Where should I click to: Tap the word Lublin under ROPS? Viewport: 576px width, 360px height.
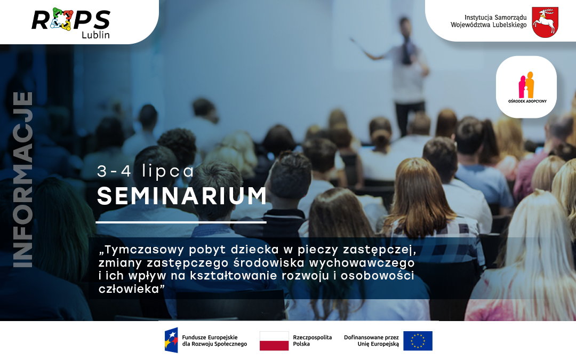click(x=95, y=35)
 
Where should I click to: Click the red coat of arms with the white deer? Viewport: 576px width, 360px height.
click(x=545, y=22)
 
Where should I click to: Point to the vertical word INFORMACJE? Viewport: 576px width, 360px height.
click(x=22, y=179)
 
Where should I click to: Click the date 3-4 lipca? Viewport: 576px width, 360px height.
click(x=146, y=171)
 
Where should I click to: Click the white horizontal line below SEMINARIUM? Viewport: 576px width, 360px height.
click(x=181, y=222)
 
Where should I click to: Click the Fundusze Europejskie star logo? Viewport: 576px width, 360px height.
click(x=171, y=340)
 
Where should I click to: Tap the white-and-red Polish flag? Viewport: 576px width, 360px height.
click(x=274, y=341)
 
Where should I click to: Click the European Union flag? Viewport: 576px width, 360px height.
click(x=418, y=341)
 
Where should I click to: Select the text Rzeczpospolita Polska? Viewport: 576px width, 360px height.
click(x=312, y=341)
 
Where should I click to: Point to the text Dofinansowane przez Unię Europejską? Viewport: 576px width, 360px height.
click(x=371, y=341)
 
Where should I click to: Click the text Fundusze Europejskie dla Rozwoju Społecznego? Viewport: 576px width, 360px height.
click(x=214, y=341)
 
